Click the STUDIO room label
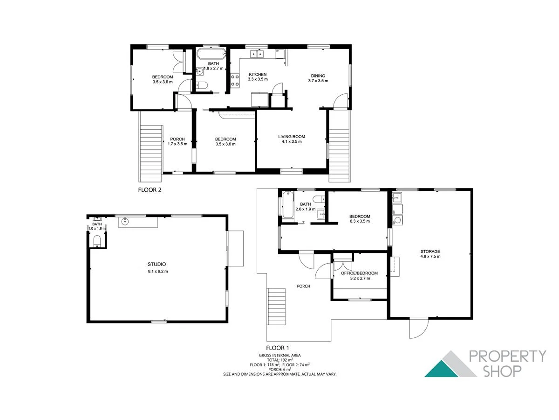157,264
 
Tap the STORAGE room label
430,252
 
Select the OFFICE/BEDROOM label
360,273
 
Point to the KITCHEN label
258,75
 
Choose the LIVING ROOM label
292,136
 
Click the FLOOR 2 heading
150,190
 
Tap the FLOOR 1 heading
278,348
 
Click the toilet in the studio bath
97,241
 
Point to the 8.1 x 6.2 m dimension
157,271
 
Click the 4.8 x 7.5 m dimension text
430,257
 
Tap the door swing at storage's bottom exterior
418,328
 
